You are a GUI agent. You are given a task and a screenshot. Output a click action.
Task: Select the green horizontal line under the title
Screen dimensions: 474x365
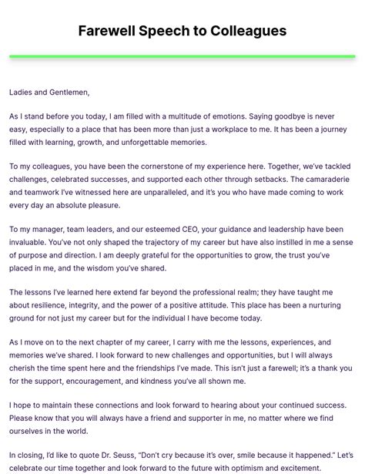(x=182, y=56)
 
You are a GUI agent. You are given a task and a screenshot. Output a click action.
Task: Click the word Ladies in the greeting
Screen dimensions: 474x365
(x=22, y=92)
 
